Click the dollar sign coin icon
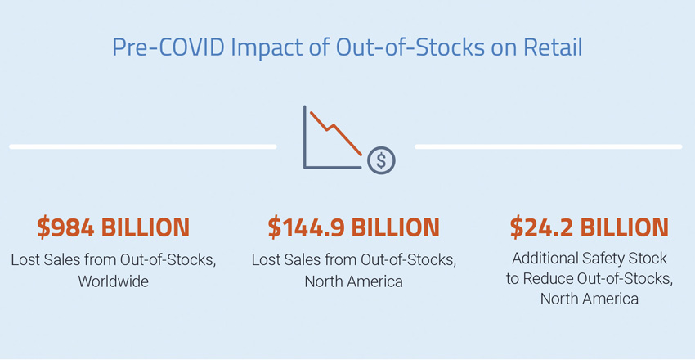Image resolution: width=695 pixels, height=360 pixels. pos(381,160)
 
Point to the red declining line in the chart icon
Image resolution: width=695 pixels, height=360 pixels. pos(335,131)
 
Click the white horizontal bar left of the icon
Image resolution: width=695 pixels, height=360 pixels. pos(142,146)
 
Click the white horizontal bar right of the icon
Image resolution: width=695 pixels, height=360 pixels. pos(548,146)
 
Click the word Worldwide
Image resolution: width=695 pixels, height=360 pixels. pos(114,281)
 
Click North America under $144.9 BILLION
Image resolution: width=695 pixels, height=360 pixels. pos(353,281)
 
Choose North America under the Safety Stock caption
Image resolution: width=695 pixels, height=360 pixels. pos(589,299)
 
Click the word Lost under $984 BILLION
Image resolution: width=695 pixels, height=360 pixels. pos(26,260)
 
